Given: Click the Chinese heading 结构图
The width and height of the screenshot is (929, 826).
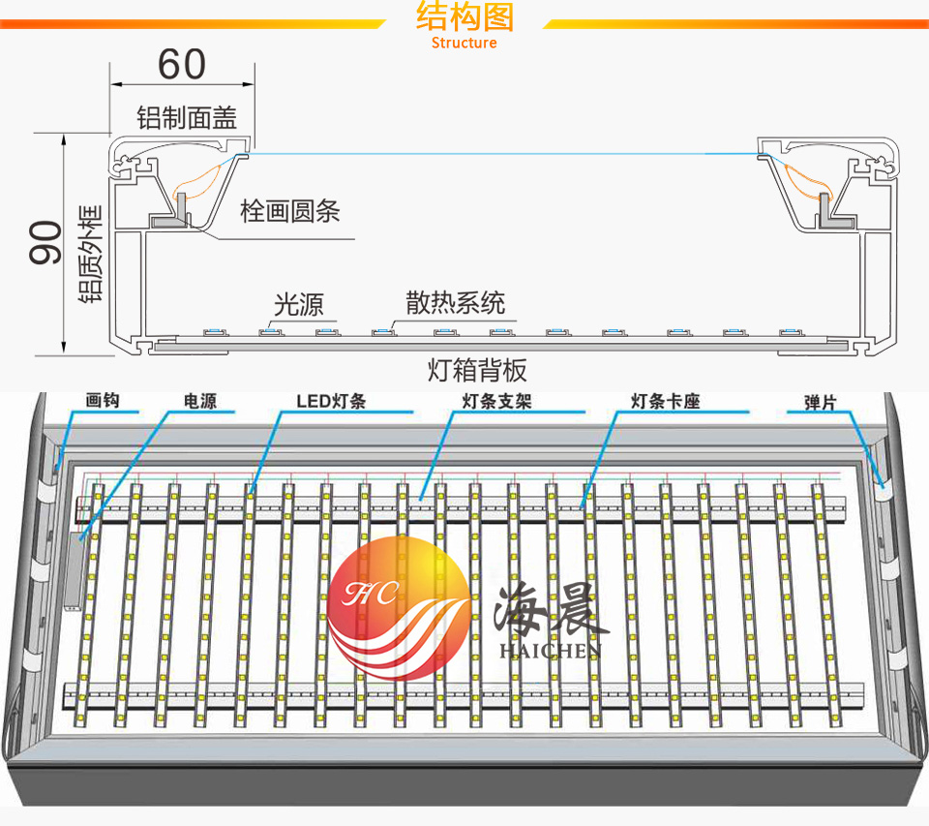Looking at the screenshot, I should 464,17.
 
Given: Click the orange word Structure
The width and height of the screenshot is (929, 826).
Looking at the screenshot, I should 464,43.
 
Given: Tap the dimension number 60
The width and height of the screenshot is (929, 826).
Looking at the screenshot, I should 182,64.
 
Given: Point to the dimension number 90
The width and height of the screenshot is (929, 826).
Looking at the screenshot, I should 45,242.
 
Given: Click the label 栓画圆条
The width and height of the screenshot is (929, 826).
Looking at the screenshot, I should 290,211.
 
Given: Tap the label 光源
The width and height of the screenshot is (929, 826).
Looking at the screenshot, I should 298,305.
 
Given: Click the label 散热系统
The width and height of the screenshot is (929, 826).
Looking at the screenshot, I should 455,303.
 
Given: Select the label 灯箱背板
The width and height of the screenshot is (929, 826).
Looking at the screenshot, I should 477,370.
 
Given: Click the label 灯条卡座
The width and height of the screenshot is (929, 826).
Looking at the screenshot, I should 665,401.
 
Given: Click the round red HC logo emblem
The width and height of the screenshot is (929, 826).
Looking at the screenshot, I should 398,606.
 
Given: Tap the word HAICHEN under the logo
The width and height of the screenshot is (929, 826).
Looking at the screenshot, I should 551,651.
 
